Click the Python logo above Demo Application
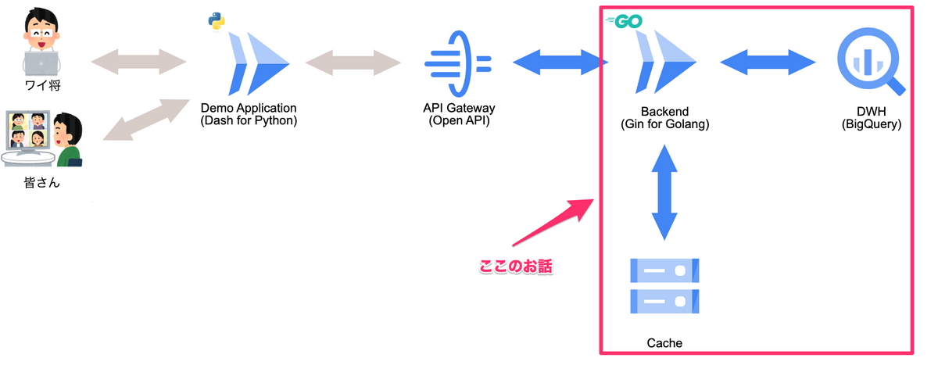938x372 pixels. tap(216, 21)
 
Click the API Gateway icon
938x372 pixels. tap(456, 61)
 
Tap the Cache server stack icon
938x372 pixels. tap(664, 285)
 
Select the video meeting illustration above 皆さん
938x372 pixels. tap(43, 139)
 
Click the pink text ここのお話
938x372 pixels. tap(515, 266)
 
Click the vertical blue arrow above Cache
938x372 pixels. tap(664, 191)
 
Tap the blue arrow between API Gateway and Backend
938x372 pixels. tap(560, 62)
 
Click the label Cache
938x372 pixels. tap(664, 343)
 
